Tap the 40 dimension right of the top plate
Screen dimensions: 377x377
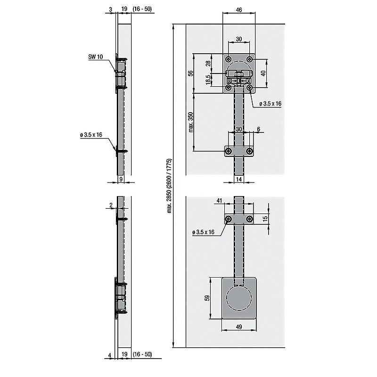[x=264, y=73]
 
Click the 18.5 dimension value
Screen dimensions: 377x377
[x=208, y=80]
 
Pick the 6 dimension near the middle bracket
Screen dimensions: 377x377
[x=258, y=129]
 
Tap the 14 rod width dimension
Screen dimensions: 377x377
[x=238, y=179]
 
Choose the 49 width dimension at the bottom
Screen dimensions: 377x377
[x=239, y=327]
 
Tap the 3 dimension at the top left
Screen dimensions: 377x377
[x=109, y=9]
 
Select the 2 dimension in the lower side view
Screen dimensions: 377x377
[x=110, y=205]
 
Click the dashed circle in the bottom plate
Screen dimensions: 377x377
[x=239, y=300]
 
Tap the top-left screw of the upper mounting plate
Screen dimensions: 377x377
[x=228, y=59]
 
